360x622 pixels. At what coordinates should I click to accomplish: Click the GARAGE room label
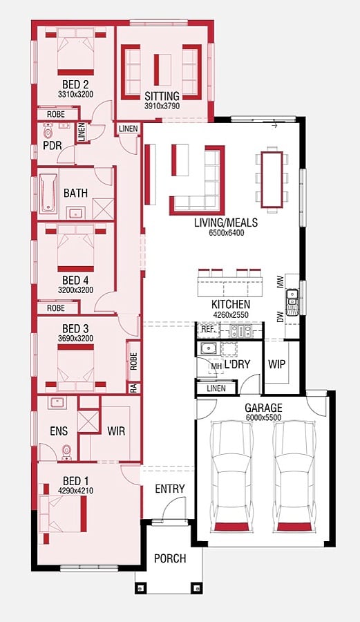coord(263,408)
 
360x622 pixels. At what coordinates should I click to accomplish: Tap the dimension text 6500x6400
coord(227,233)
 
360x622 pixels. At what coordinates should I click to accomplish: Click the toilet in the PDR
coord(48,131)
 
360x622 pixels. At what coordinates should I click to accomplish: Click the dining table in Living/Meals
coord(272,179)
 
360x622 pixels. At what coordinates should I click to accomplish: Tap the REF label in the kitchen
coord(207,329)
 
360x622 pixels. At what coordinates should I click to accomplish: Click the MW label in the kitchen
coord(281,282)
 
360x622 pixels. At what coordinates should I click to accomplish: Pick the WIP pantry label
coord(276,364)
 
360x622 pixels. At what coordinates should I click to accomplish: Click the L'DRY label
coord(237,364)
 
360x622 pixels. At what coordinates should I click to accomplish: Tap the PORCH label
coord(170,558)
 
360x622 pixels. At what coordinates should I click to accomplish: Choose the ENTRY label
coord(170,489)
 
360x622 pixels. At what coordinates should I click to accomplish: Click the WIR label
coord(116,431)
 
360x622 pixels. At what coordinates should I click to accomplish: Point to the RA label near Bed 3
coord(133,388)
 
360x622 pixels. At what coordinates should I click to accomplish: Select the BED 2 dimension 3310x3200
coord(75,94)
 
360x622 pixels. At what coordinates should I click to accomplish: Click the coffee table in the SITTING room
coord(162,69)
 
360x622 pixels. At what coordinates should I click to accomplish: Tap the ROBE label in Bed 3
coord(133,361)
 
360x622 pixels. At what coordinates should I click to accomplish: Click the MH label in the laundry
coord(216,366)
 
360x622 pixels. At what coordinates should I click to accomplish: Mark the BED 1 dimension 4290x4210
coord(75,491)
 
